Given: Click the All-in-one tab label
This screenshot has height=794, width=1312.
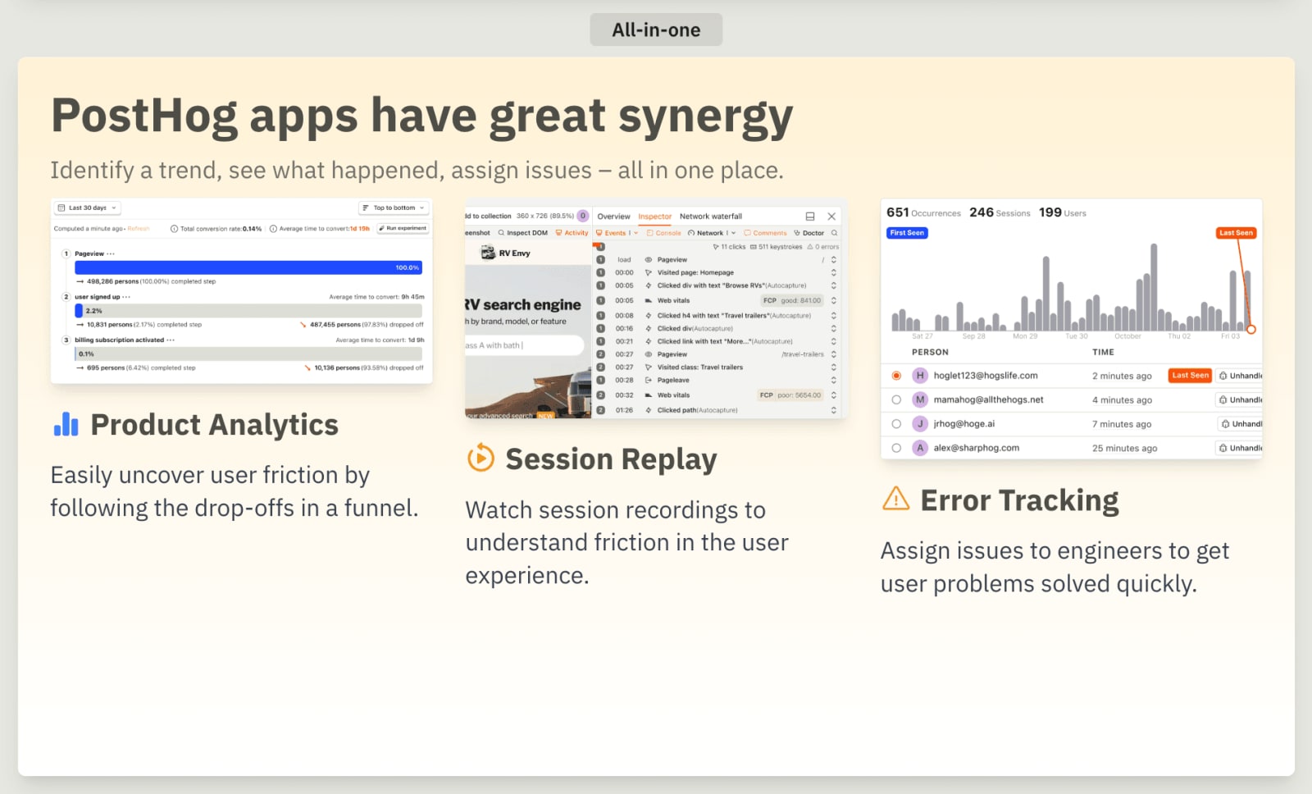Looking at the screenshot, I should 656,30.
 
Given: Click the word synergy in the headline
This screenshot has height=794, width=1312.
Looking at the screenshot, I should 705,116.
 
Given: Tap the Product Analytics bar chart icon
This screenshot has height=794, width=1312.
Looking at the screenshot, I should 66,424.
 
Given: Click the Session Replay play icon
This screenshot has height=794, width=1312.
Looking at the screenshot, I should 481,458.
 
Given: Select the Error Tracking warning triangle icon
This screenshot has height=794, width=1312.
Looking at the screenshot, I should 895,499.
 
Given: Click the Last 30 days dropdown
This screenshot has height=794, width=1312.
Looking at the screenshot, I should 87,208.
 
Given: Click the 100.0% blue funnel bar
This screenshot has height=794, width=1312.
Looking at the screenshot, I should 248,267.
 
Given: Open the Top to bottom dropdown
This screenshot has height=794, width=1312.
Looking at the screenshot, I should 394,208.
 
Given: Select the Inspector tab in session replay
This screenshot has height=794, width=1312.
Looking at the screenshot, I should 654,217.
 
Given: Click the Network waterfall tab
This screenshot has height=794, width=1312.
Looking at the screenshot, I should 710,217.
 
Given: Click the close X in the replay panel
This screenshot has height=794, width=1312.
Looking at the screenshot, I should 831,217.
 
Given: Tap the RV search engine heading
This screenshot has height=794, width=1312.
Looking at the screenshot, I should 523,304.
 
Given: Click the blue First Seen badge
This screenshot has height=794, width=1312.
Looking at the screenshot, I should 907,233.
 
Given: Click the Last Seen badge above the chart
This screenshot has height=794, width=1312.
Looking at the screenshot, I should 1236,233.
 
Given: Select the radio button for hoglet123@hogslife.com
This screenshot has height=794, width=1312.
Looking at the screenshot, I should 896,376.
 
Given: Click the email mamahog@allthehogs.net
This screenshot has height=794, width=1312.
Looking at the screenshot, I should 988,399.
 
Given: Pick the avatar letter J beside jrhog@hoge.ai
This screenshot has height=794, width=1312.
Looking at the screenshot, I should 920,424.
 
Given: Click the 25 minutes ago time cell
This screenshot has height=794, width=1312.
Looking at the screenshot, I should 1124,448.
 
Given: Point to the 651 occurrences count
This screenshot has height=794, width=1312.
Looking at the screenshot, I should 897,212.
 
